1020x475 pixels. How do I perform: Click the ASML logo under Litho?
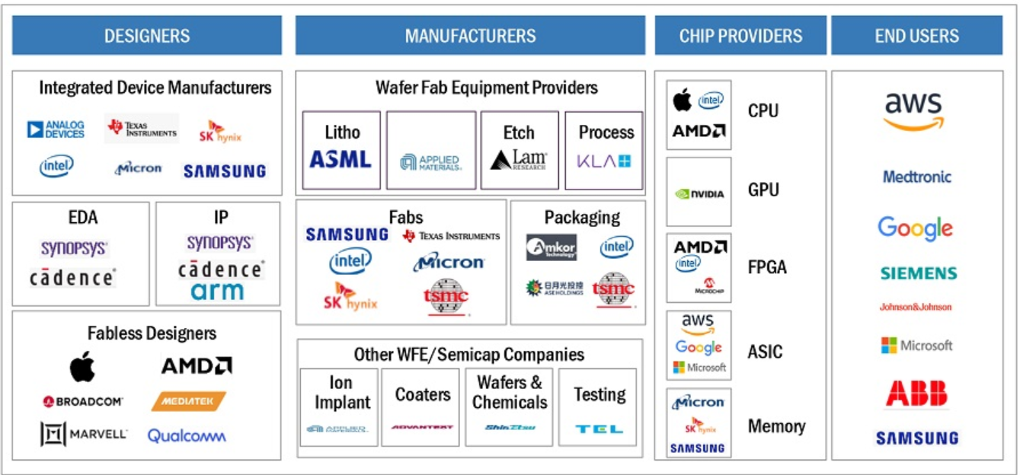(341, 159)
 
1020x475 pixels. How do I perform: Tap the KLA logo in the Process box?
(604, 161)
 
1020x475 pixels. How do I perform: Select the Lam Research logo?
(519, 160)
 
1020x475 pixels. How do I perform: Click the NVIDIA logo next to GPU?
(699, 193)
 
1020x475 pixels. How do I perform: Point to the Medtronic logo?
(917, 177)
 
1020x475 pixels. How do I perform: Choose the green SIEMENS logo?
(918, 273)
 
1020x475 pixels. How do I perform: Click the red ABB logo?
(916, 394)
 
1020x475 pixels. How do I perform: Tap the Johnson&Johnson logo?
(916, 308)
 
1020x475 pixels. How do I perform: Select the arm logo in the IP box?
(218, 291)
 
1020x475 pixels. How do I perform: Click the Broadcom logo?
(83, 401)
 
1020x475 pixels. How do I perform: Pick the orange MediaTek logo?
(189, 401)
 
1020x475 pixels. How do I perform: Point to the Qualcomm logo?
(187, 436)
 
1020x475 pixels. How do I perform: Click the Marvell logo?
(84, 435)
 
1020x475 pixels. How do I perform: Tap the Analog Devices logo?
(56, 129)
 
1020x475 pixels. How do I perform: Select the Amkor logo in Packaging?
(551, 247)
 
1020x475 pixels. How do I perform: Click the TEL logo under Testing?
(599, 429)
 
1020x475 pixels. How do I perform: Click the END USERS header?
(916, 36)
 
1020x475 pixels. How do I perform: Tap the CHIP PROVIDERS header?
(740, 36)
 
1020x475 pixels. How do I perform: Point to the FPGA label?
(767, 267)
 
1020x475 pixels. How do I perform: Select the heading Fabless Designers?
(152, 333)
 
